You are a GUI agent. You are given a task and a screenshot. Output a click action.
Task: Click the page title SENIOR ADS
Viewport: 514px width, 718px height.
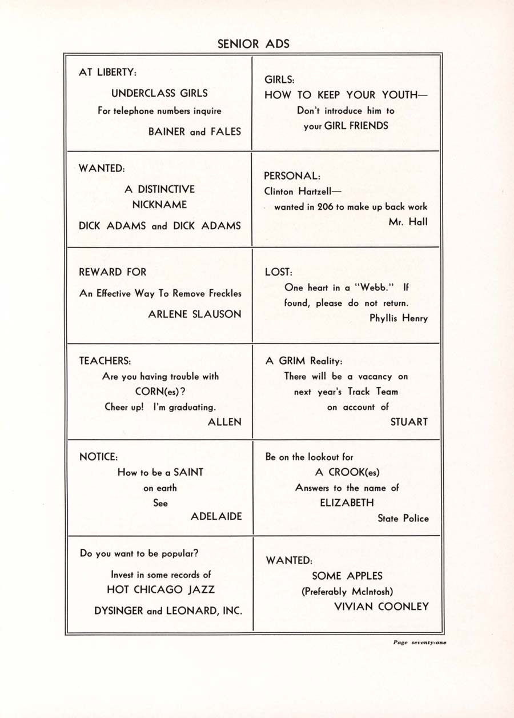(x=254, y=44)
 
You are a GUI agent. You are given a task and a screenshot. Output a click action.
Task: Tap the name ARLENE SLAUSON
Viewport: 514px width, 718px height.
(x=195, y=314)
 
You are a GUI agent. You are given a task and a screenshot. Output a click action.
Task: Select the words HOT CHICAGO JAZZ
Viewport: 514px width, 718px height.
(x=161, y=589)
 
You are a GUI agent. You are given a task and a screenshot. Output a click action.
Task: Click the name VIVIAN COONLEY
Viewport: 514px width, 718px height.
(x=381, y=607)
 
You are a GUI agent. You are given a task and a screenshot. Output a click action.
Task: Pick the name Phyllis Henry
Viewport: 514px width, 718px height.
(x=399, y=318)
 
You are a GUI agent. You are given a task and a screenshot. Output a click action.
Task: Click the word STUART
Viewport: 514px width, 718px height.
(x=408, y=422)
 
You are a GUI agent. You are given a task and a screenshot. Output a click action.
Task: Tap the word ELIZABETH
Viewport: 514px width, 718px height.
(x=347, y=502)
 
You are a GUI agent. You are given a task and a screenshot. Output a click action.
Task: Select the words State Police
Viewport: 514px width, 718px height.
(x=403, y=518)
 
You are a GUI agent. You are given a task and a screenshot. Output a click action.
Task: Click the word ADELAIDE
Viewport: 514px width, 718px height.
(x=216, y=516)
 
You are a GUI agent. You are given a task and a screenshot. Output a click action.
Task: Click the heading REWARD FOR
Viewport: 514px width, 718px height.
(x=113, y=272)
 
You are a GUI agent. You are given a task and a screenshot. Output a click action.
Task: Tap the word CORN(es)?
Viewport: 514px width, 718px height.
(x=160, y=392)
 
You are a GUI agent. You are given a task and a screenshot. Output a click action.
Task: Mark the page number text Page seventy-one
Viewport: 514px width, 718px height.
(x=420, y=643)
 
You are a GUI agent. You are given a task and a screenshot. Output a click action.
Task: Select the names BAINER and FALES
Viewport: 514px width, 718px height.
(x=195, y=131)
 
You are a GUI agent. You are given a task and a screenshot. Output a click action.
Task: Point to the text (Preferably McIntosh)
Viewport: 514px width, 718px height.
(x=347, y=592)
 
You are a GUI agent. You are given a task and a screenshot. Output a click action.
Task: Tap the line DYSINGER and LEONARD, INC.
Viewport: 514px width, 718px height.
(x=168, y=611)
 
